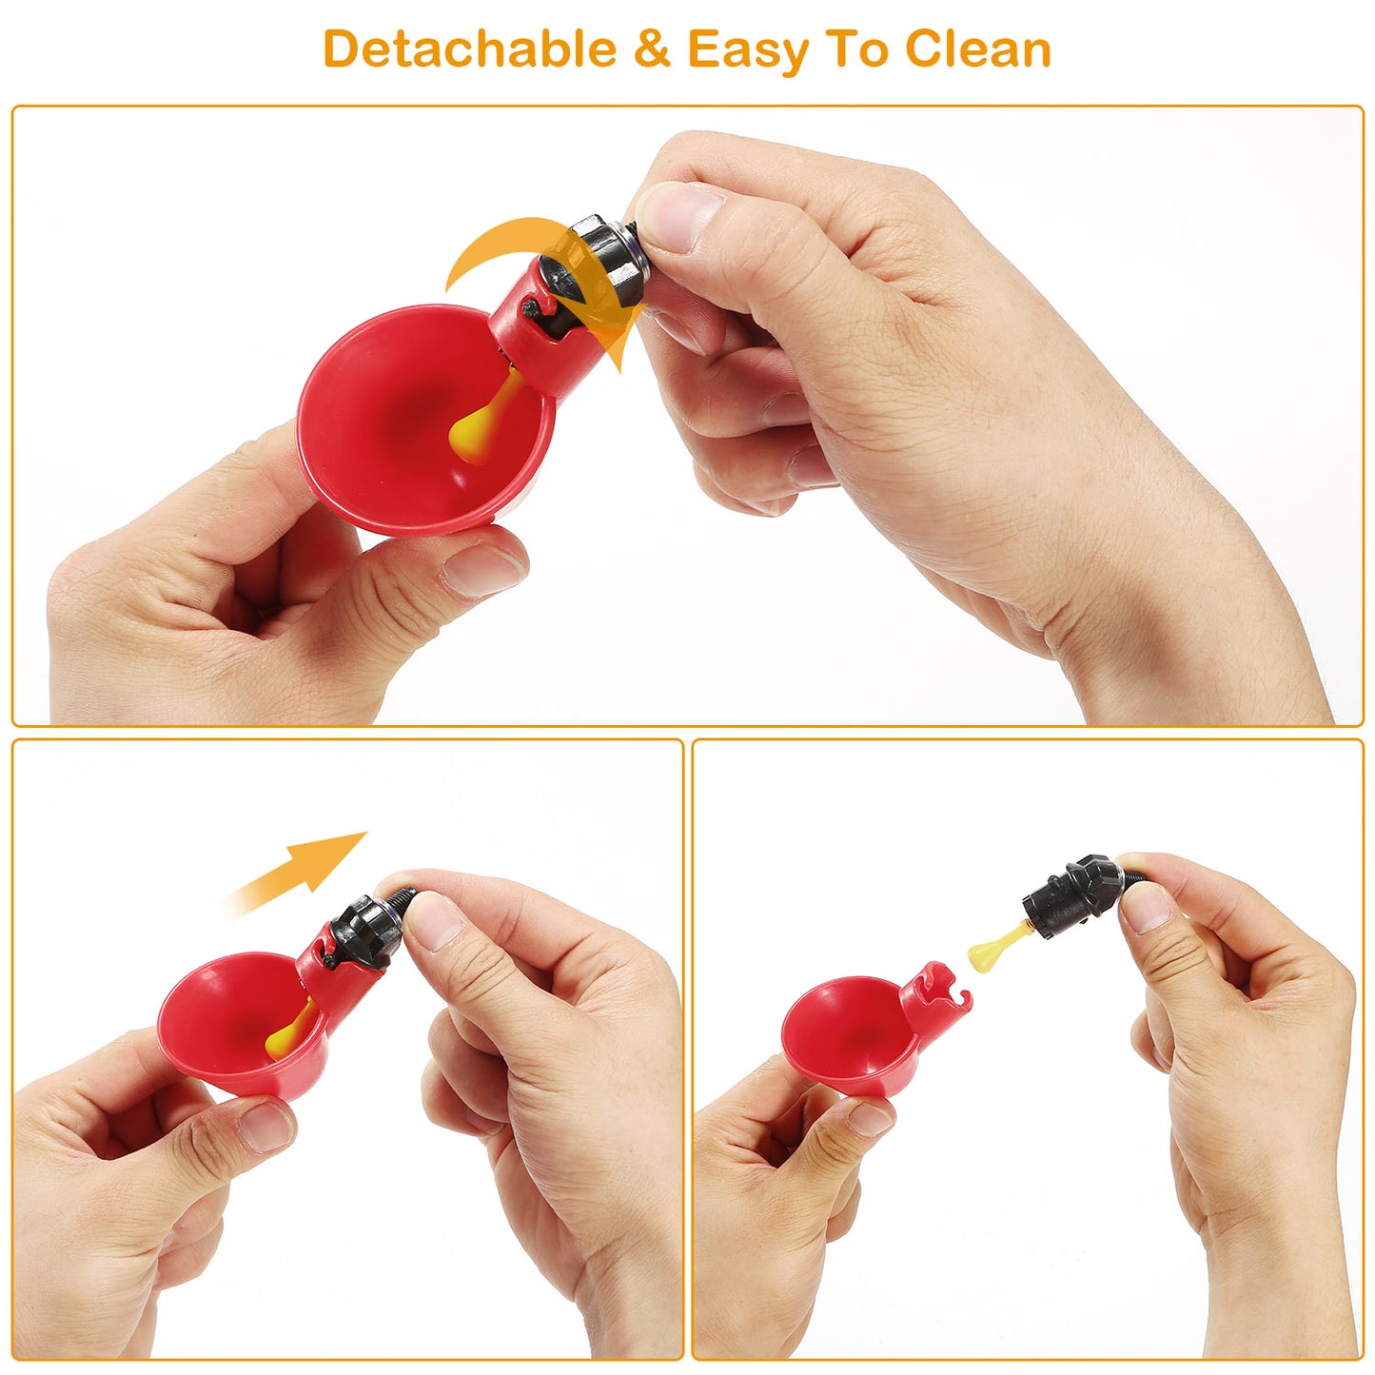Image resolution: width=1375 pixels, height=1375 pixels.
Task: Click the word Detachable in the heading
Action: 469,49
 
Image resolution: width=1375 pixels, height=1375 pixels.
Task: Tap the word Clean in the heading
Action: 977,49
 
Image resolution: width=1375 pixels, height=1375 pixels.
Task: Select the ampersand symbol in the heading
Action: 652,49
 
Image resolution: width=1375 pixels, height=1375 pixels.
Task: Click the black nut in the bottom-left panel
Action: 362,933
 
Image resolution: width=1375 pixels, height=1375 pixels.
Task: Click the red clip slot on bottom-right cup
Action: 937,990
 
